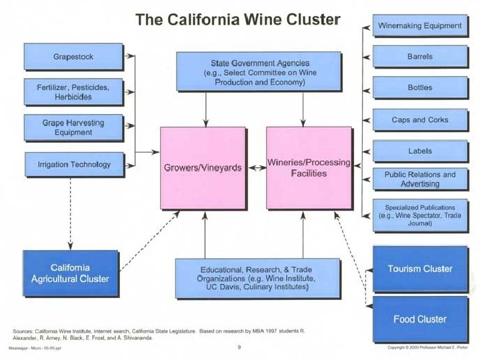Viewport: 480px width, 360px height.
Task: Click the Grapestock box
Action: pos(73,57)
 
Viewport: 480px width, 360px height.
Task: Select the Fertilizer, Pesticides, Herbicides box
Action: pos(73,92)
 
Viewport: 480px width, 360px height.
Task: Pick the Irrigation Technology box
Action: pos(73,164)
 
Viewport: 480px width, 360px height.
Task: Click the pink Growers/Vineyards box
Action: pos(203,168)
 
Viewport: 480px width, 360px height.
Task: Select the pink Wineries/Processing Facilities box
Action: pos(309,168)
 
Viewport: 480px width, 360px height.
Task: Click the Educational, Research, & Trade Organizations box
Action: pos(255,278)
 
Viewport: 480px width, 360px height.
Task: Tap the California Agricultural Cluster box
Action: pos(70,273)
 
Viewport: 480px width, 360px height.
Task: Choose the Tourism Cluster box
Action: pos(420,269)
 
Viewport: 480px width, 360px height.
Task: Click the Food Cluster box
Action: pos(420,319)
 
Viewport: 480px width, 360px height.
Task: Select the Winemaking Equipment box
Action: pos(419,26)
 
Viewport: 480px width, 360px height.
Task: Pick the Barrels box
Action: pos(419,57)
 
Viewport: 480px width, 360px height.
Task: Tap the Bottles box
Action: pos(419,87)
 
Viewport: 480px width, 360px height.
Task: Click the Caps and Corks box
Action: pos(419,120)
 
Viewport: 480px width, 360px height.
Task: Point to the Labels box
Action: pos(419,151)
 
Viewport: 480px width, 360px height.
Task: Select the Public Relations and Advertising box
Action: pos(419,179)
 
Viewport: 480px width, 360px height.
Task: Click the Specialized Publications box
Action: pos(419,215)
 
